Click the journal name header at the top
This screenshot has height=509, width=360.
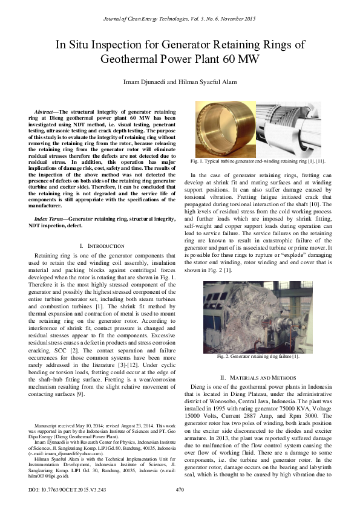click(180, 19)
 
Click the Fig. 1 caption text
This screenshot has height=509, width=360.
click(258, 161)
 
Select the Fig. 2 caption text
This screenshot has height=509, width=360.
click(258, 357)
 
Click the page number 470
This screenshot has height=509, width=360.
click(180, 489)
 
